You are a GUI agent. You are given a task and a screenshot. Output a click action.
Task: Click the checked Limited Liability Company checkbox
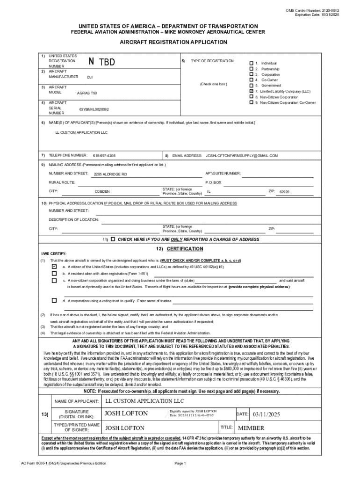point(252,91)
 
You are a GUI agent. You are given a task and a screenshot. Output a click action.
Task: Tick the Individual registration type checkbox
point(252,63)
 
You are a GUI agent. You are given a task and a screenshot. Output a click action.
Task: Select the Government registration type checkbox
point(252,86)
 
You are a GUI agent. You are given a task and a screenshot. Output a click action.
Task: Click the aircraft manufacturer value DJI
point(90,77)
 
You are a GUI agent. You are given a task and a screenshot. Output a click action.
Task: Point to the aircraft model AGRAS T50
point(87,93)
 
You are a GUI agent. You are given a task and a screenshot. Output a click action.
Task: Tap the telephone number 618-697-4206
point(104,155)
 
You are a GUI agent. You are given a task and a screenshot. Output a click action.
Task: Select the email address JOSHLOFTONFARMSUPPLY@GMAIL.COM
point(242,155)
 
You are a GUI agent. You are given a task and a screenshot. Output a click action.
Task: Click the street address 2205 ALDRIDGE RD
point(110,174)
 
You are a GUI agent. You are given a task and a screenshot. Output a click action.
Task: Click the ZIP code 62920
point(284,192)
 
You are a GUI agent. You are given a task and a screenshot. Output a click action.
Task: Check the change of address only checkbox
point(113,239)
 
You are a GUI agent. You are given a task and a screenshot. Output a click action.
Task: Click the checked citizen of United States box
point(54,266)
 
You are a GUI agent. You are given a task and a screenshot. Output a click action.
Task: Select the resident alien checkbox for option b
point(54,273)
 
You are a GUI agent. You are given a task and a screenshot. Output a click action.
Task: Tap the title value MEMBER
point(251,428)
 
